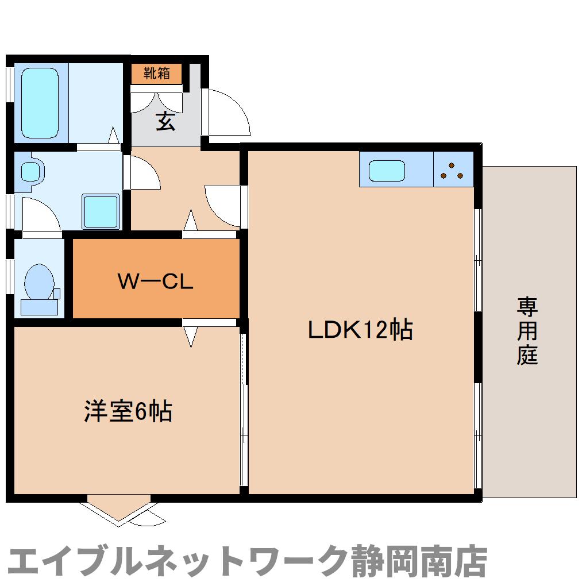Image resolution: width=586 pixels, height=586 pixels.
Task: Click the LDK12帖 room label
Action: (x=360, y=330)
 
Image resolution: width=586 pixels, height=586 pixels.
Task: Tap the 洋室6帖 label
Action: (x=128, y=411)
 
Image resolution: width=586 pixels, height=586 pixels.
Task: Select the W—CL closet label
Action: (x=155, y=282)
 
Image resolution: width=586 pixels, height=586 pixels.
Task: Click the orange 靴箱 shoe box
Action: (x=156, y=74)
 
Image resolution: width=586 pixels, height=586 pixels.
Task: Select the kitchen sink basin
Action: (x=387, y=170)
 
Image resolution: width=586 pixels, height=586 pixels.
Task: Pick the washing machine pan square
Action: (x=101, y=211)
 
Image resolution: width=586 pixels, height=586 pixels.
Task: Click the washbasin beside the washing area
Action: (x=32, y=171)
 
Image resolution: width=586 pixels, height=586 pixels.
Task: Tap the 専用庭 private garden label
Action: (x=527, y=331)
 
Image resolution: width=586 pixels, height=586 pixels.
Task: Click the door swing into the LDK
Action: (x=223, y=205)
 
